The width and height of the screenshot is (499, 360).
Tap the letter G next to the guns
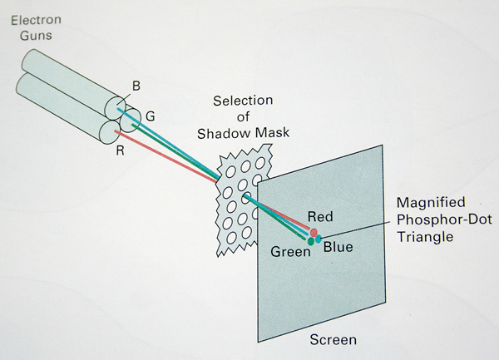point(150,113)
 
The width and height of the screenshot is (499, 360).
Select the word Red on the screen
point(320,217)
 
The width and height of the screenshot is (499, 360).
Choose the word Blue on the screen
point(338,247)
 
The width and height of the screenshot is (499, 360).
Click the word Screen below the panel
point(333,340)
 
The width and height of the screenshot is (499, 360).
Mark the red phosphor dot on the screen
point(314,232)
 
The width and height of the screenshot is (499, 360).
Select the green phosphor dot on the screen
point(310,241)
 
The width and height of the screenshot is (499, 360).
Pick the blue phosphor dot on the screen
point(319,239)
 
